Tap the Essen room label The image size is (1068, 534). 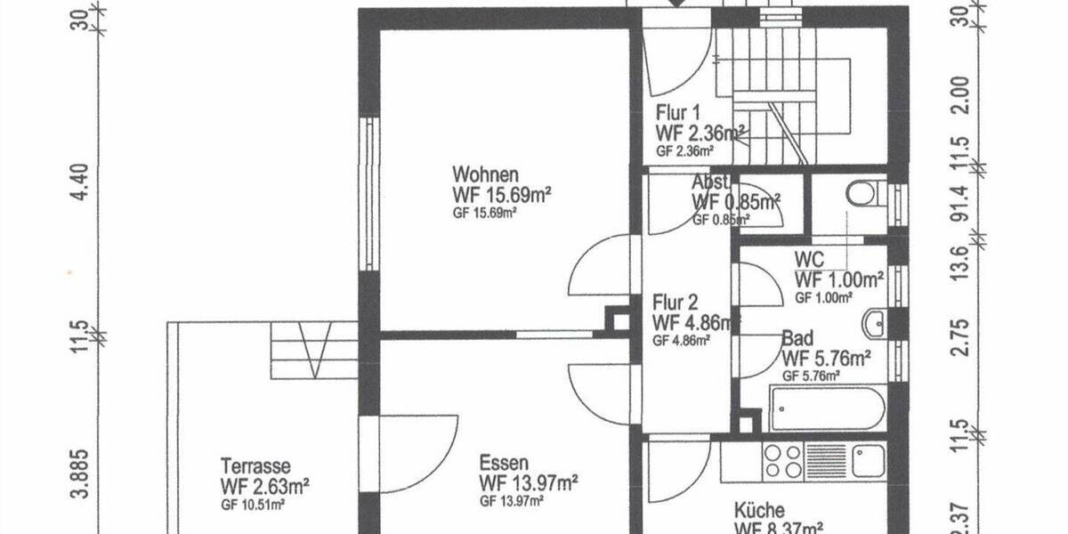pos(504,463)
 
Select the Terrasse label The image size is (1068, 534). pos(255,465)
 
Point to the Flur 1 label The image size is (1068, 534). pos(679,113)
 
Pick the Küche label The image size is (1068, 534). pos(759,510)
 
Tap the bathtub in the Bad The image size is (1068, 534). pos(828,409)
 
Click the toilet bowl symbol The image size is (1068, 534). pos(862,192)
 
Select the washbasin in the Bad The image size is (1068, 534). pos(875,323)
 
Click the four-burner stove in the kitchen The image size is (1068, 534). pos(782,461)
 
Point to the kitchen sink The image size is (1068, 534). pos(868,461)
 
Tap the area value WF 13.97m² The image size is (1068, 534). pos(529,483)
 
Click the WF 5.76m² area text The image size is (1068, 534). pos(825,359)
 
